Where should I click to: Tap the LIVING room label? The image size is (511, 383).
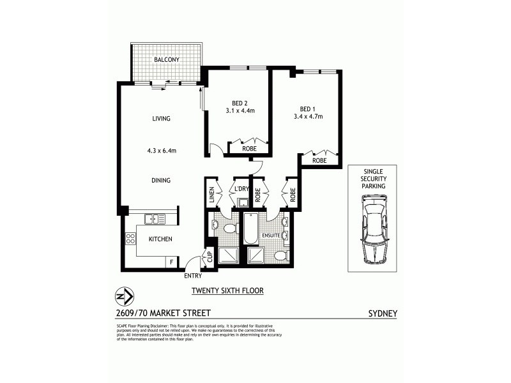tap(161, 119)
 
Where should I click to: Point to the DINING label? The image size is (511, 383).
tap(161, 181)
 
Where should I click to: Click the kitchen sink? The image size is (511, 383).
tap(155, 219)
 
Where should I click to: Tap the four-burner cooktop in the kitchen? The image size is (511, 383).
tap(130, 239)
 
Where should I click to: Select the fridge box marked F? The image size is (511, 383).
tap(171, 262)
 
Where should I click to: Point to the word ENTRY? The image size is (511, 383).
tap(192, 276)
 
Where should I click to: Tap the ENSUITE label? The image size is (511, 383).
tap(270, 235)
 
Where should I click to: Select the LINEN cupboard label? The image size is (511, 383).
tap(211, 195)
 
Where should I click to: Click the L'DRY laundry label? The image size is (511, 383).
tap(241, 190)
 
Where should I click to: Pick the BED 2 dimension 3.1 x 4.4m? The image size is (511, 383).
tap(240, 110)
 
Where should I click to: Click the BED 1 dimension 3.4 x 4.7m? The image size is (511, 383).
tap(308, 116)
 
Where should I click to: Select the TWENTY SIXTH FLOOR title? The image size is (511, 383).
tap(228, 290)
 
